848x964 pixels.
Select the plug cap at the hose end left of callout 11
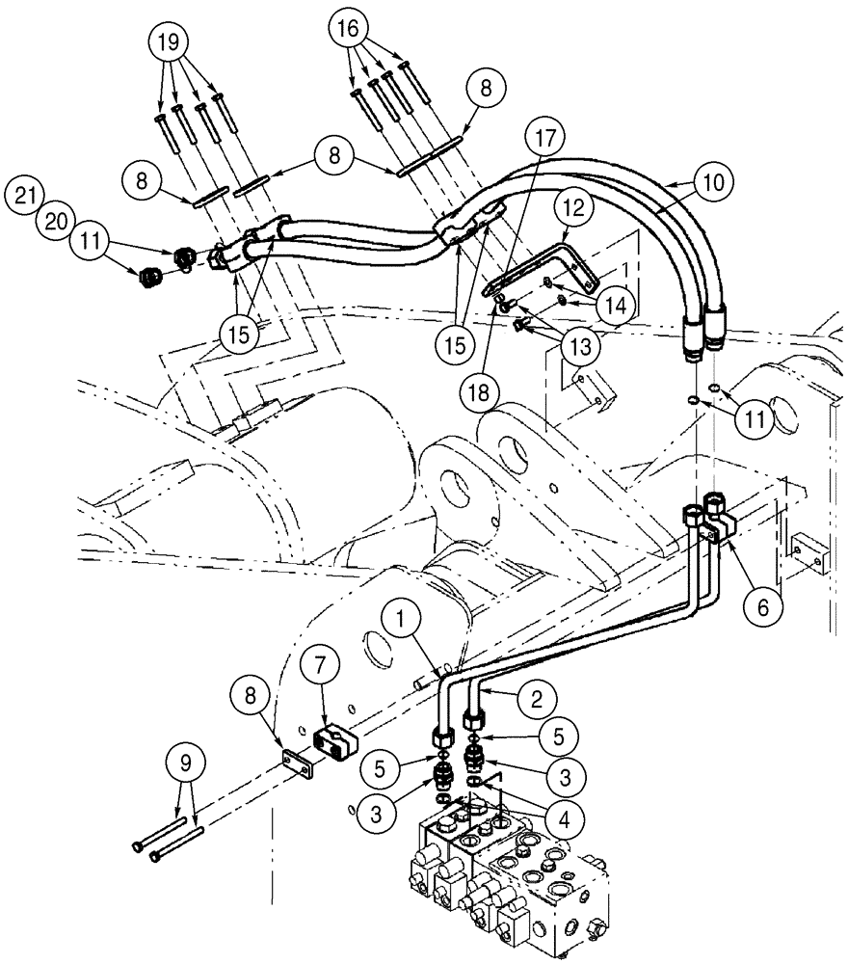click(149, 276)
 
